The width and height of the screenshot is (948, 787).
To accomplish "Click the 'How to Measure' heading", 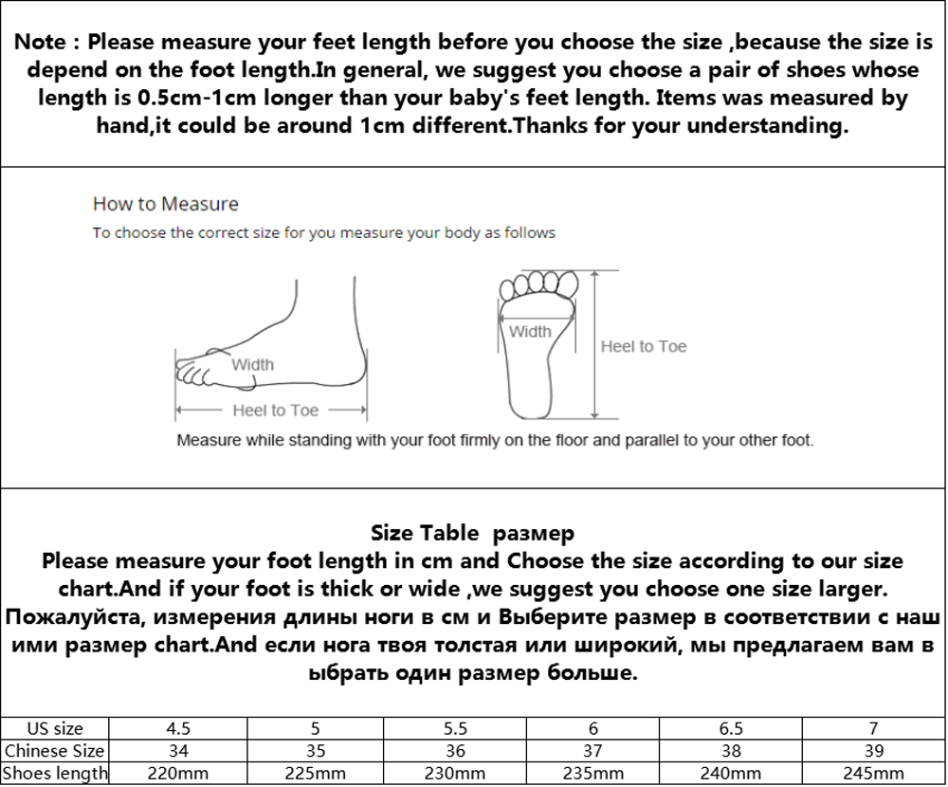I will pyautogui.click(x=165, y=204).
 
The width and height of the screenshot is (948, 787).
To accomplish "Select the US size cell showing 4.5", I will pyautogui.click(x=178, y=729).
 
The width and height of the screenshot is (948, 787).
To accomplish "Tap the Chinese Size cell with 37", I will pyautogui.click(x=593, y=751).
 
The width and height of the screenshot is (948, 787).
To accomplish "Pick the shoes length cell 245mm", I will pyautogui.click(x=873, y=774).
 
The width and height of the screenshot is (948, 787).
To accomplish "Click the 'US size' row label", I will pyautogui.click(x=55, y=729).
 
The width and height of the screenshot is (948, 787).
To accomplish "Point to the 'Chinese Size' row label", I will pyautogui.click(x=55, y=751).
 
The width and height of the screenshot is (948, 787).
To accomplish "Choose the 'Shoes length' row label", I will pyautogui.click(x=55, y=774).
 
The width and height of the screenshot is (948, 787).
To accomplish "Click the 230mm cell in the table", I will pyautogui.click(x=455, y=774).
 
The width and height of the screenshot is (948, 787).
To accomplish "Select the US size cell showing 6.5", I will pyautogui.click(x=732, y=729).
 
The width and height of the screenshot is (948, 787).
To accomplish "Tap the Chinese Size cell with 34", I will pyautogui.click(x=178, y=751).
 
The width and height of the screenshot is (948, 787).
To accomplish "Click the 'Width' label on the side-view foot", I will pyautogui.click(x=253, y=364).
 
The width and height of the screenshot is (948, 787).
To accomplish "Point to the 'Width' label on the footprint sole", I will pyautogui.click(x=530, y=332).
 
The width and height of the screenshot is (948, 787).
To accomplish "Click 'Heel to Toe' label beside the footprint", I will pyautogui.click(x=643, y=347).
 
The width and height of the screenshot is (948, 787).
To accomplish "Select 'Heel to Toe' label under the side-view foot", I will pyautogui.click(x=275, y=411).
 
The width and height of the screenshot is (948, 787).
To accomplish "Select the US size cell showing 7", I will pyautogui.click(x=873, y=729).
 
